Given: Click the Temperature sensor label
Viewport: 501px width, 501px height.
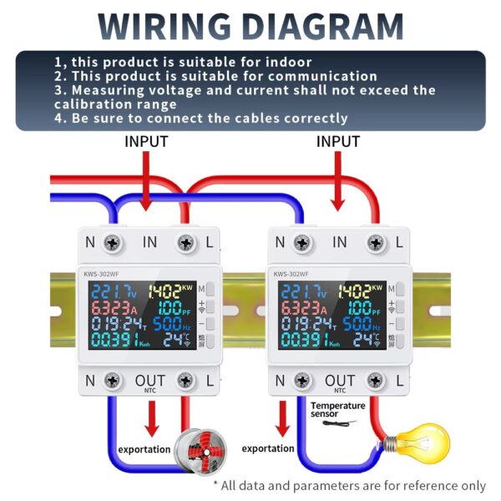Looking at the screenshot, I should pyautogui.click(x=338, y=410).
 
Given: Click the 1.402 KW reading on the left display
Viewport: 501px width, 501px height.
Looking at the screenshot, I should pyautogui.click(x=170, y=291).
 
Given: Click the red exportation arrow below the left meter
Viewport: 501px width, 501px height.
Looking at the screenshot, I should pyautogui.click(x=151, y=418).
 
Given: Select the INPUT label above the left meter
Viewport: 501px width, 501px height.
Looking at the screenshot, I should pyautogui.click(x=147, y=142).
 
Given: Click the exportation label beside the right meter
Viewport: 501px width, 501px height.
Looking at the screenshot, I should pyautogui.click(x=268, y=448).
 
